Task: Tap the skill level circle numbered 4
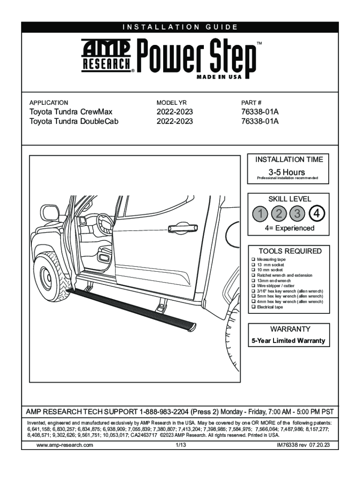pos(317,214)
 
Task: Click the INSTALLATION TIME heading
pos(289,160)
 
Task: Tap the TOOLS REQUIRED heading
pos(290,251)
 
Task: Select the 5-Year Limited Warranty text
pos(288,341)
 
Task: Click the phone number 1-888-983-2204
pos(164,412)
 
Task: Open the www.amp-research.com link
pos(65,445)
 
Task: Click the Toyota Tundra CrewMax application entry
pos(71,112)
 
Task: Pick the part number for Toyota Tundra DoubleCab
pos(260,121)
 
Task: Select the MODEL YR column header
pos(172,102)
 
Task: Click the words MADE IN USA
pos(219,77)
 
